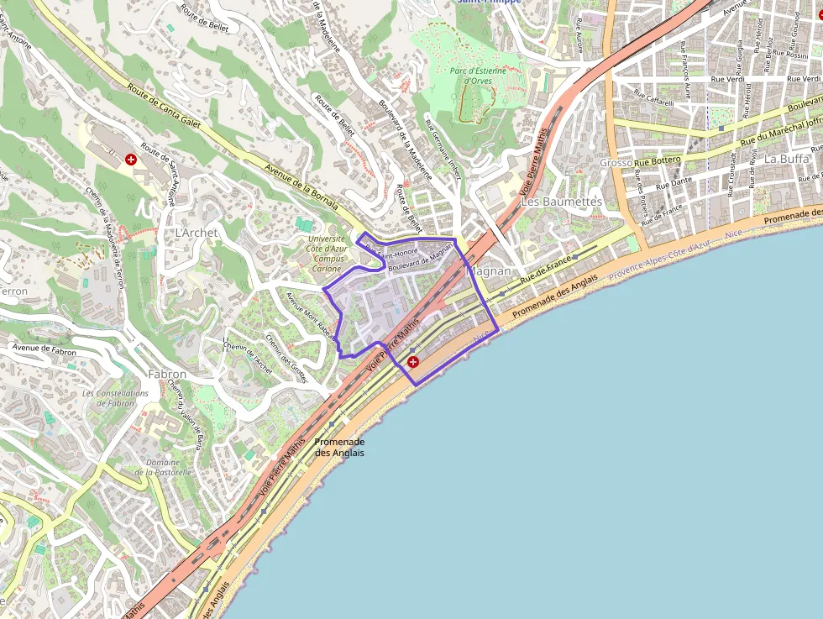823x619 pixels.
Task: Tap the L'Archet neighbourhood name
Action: click(x=197, y=232)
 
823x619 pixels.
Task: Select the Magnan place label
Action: click(x=487, y=271)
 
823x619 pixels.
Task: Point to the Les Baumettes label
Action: click(x=562, y=202)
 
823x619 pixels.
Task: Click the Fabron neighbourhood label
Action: click(x=166, y=374)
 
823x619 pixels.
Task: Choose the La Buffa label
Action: click(x=787, y=159)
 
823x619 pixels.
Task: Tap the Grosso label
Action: click(x=616, y=163)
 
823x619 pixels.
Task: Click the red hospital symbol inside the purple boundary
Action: click(x=413, y=362)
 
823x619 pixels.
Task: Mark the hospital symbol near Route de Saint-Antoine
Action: click(x=131, y=159)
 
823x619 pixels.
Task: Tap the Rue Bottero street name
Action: click(x=658, y=160)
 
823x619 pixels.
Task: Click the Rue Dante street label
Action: click(x=674, y=182)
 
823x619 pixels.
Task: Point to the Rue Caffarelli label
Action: click(x=653, y=97)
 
